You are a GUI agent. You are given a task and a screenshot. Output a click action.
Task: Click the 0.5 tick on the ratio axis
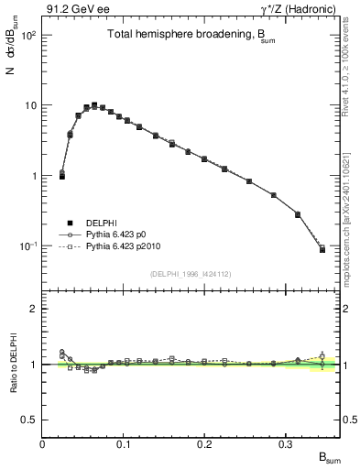tap(29, 420)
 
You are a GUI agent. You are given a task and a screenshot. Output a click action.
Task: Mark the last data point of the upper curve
tap(322, 249)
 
